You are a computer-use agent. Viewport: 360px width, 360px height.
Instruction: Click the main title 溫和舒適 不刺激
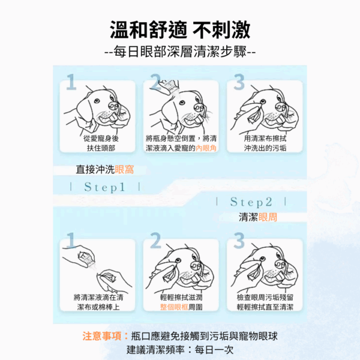[x=180, y=30]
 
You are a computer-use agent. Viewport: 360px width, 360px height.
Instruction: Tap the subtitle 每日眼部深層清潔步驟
[x=180, y=52]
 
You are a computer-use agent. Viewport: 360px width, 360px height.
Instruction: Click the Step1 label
[x=104, y=187]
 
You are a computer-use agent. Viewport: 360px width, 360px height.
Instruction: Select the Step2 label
[x=251, y=202]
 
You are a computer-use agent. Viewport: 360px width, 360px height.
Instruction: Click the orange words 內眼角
[x=206, y=148]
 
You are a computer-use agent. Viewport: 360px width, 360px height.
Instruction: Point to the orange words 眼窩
[x=124, y=170]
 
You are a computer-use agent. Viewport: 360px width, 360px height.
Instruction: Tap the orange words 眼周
[x=268, y=217]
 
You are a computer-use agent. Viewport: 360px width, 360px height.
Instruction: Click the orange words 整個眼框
[x=174, y=307]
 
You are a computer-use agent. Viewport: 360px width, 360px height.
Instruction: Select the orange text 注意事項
[x=102, y=337]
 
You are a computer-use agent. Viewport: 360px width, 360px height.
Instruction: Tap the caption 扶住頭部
[x=101, y=148]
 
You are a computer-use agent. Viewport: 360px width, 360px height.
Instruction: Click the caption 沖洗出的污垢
[x=265, y=148]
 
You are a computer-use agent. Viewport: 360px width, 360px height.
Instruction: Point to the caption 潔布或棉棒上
[x=98, y=307]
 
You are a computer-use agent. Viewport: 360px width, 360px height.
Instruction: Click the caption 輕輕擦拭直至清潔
[x=265, y=307]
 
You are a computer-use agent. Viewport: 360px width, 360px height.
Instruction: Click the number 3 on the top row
[x=239, y=82]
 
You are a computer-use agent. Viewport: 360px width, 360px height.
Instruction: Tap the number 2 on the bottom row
[x=155, y=241]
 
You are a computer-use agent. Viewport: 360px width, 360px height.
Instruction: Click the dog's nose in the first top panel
[x=113, y=106]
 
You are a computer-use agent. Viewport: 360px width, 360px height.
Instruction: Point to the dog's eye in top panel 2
[x=182, y=103]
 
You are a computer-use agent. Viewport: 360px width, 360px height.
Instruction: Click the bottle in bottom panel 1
[x=86, y=259]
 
